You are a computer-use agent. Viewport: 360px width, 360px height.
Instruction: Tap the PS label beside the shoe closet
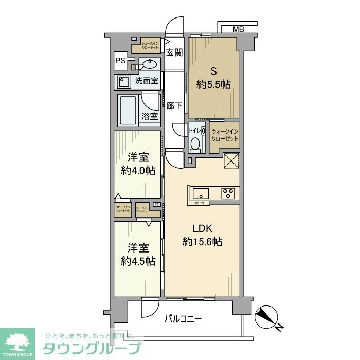pos(120,60)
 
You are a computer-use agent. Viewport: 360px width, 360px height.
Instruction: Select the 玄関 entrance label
pos(174,52)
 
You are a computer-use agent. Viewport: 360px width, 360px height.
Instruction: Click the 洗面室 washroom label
pos(147,80)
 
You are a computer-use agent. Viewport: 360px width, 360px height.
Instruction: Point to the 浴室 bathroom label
pos(150,116)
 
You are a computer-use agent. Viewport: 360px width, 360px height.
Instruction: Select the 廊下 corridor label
pos(174,106)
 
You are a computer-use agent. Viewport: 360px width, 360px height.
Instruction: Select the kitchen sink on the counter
pos(201,194)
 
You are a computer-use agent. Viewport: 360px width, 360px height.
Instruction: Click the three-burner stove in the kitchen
pos(228,193)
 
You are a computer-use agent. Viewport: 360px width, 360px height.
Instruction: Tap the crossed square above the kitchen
pos(231,161)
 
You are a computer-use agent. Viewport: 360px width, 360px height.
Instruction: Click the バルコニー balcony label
pos(183,319)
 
